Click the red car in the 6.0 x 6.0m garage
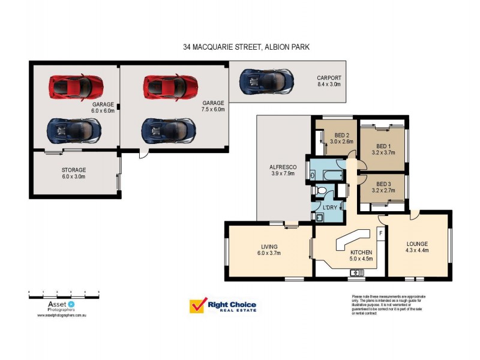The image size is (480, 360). (75, 87)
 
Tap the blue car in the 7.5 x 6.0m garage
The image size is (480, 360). (169, 129)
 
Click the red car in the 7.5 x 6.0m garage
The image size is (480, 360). (170, 87)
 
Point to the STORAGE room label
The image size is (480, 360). (73, 170)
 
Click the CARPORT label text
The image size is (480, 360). (329, 78)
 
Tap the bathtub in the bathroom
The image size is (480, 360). (328, 175)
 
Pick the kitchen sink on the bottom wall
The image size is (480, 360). (357, 273)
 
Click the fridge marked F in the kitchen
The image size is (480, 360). (380, 232)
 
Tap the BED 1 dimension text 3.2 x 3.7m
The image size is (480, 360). (383, 152)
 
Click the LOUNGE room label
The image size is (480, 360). (416, 244)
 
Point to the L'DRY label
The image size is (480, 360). (329, 208)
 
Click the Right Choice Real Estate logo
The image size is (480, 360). (223, 306)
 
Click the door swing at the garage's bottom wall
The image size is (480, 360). (143, 154)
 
